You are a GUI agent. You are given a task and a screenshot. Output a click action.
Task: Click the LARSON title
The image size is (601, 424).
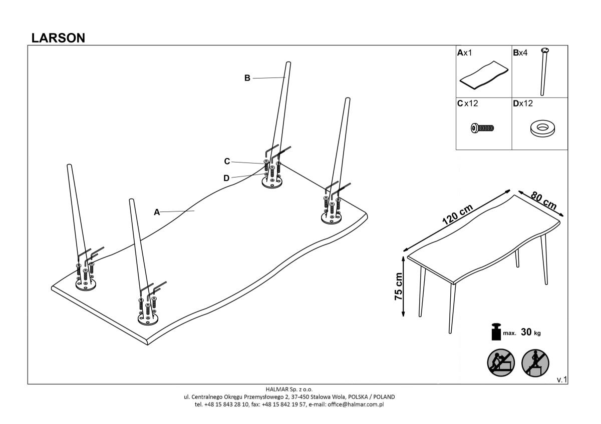58,38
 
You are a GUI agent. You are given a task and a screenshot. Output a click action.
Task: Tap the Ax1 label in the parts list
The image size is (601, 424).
464,52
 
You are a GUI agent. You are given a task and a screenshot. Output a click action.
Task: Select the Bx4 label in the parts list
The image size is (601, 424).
520,52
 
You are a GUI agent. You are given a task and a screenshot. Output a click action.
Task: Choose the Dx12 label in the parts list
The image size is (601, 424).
523,104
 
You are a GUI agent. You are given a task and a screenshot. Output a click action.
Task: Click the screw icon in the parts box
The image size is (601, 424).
483,128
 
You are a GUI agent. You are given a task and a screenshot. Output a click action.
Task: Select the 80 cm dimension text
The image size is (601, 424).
543,200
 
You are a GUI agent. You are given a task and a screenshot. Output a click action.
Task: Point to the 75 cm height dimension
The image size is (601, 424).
399,286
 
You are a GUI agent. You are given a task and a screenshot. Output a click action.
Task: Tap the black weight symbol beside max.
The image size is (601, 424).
496,332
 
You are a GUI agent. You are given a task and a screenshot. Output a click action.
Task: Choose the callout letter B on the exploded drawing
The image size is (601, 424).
247,77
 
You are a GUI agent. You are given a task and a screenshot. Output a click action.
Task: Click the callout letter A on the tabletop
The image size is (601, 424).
157,212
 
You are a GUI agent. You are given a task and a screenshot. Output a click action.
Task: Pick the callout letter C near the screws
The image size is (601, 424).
227,161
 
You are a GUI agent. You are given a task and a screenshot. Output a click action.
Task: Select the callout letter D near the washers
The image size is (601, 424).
226,177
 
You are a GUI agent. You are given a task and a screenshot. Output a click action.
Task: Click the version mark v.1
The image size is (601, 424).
561,380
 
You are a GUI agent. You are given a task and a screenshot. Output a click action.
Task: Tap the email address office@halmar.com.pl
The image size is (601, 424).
356,404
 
